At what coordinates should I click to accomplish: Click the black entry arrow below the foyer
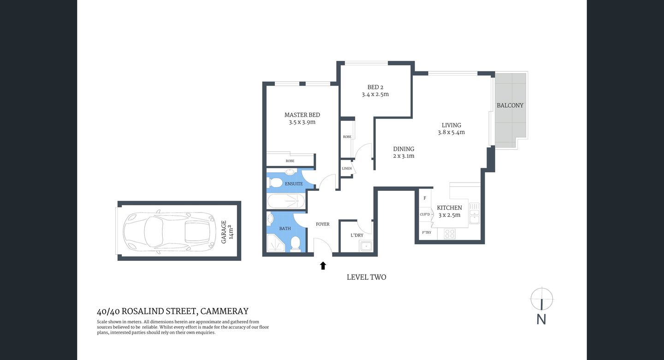coord(323,266)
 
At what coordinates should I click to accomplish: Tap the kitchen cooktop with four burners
coord(450,234)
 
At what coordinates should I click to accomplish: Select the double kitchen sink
coord(474,213)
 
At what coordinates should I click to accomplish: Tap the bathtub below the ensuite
coord(286,201)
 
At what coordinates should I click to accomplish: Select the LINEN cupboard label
coord(347,169)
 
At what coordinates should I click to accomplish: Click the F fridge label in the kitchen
coord(425,198)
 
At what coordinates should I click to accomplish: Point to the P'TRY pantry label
coord(426,232)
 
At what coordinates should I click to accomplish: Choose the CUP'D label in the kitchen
coord(425,214)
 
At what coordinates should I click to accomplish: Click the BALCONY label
coord(510,106)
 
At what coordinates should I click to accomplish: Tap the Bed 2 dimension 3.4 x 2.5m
coord(375,94)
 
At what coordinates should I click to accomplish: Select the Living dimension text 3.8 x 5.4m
coord(451,132)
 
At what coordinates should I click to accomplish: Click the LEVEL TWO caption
coord(366,277)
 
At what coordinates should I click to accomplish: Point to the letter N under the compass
coord(541,319)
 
